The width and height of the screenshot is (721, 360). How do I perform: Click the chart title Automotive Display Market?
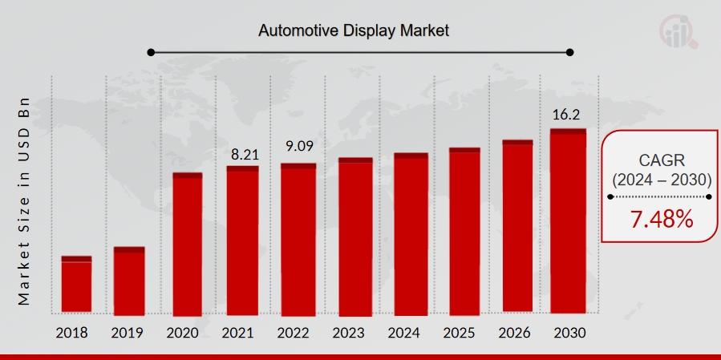[x=353, y=31]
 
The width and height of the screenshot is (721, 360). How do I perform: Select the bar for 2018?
[x=76, y=285]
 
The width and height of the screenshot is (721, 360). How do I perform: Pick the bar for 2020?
[x=188, y=244]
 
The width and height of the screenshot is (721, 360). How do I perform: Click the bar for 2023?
[x=355, y=237]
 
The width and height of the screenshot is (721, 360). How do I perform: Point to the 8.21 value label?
[x=241, y=152]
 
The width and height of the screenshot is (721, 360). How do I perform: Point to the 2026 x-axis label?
[x=514, y=333]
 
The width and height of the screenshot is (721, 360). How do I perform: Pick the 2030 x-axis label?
[x=569, y=333]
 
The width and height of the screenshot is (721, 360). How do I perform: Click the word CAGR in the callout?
[x=662, y=160]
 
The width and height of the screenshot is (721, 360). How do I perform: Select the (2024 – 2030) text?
[x=662, y=180]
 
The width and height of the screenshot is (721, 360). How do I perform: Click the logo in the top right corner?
[x=678, y=30]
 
